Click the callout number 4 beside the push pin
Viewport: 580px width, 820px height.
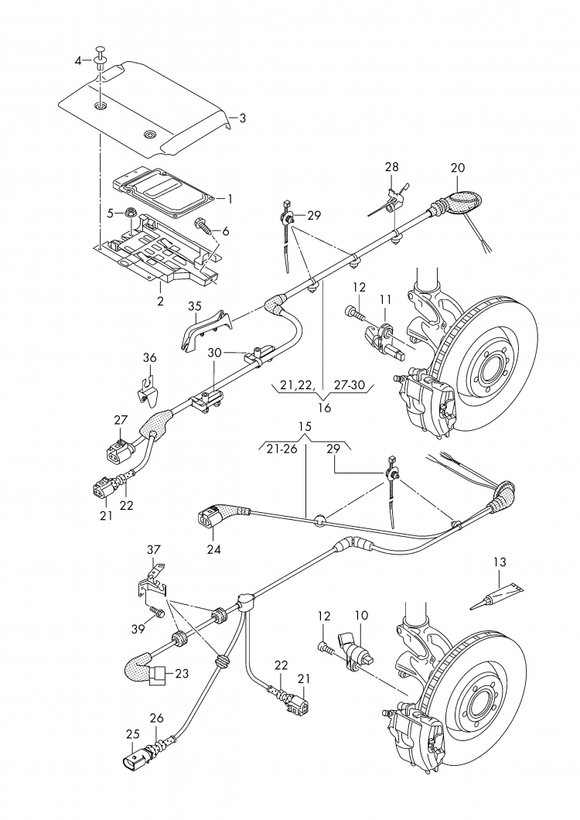click(78, 61)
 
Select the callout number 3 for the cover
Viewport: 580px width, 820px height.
click(242, 118)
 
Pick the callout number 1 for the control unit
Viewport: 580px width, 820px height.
click(229, 199)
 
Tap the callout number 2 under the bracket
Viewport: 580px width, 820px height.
click(161, 301)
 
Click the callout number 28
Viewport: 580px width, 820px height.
click(392, 167)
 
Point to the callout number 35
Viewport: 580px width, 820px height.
click(195, 306)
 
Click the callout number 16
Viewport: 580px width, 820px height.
click(324, 408)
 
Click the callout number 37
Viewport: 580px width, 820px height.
click(154, 549)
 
